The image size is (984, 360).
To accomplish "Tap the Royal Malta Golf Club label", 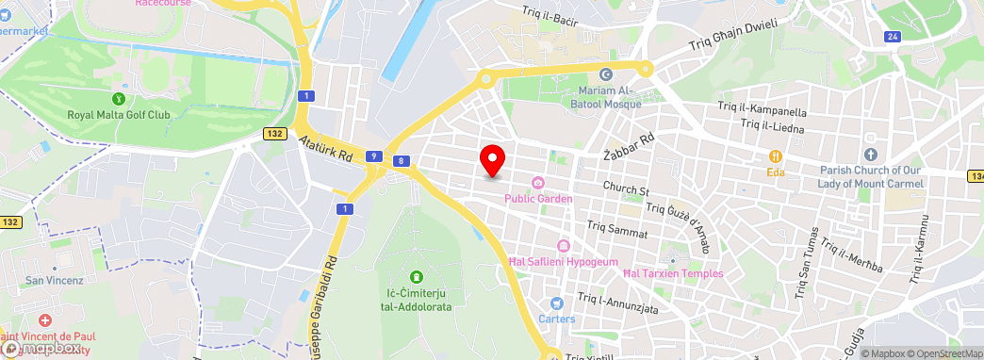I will coord(119,115).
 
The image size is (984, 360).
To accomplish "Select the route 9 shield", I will coord(374,155).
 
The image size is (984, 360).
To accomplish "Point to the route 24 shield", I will coord(892,37).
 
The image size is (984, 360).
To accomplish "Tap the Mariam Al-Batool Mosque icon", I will coord(605,74).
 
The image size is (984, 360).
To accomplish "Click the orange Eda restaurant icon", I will coord(776,155).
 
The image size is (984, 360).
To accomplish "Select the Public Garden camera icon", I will coord(538,183).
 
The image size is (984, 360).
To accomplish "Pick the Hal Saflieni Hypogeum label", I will coord(563,261).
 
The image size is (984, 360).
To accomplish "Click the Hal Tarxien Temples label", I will coord(673,273).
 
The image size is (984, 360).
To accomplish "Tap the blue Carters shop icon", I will coord(556,303).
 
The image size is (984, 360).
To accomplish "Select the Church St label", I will coord(628,189).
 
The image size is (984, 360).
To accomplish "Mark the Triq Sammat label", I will coord(617,227).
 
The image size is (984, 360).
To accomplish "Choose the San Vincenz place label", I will coord(55,280).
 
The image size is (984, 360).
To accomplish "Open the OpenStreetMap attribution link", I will coord(947,353).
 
